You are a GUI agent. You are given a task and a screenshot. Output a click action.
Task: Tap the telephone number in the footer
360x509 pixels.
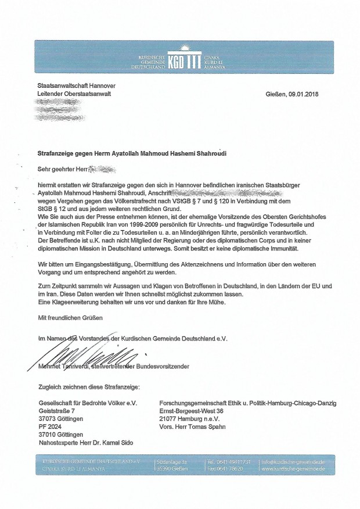pyautogui.click(x=231, y=462)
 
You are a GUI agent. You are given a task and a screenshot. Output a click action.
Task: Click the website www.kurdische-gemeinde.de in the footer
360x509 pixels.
pyautogui.click(x=293, y=469)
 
